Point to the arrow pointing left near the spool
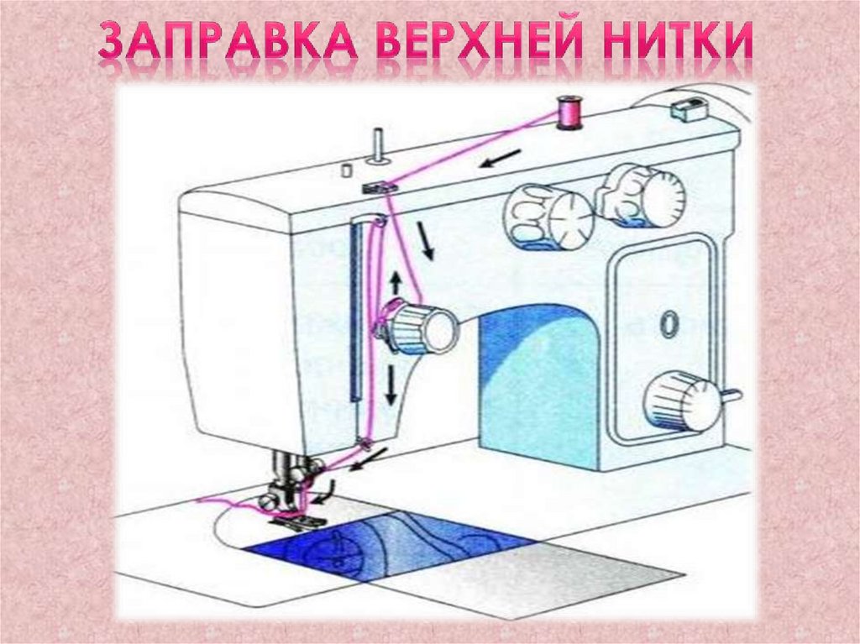499,160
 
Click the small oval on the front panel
668,322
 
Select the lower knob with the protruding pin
684,401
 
